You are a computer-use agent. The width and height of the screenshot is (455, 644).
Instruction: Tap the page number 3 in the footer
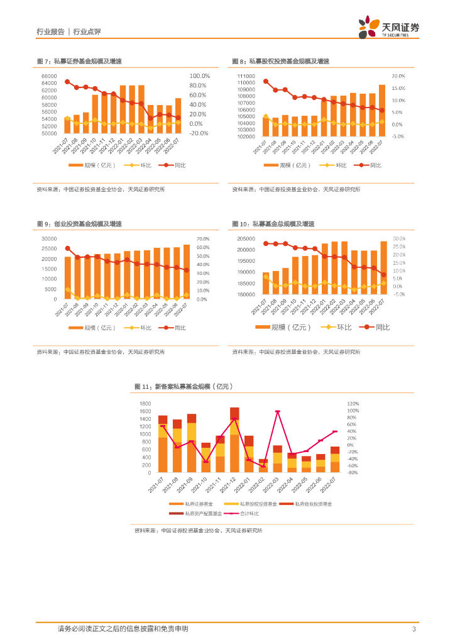(x=414, y=629)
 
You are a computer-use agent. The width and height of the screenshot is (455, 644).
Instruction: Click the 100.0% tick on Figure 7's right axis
(x=199, y=76)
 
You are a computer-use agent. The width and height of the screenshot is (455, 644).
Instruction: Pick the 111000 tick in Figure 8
(x=246, y=76)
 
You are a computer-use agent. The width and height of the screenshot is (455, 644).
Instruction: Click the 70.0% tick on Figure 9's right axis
(x=202, y=239)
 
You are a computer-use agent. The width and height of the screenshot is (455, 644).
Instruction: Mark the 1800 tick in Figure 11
(x=145, y=403)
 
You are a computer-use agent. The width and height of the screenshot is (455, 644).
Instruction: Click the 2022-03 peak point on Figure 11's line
(x=278, y=411)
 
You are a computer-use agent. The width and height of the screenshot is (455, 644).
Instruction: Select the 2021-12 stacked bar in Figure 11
(x=234, y=440)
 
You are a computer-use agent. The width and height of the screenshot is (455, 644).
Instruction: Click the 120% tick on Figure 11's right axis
(x=353, y=403)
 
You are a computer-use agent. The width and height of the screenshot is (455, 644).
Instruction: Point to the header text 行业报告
(x=50, y=31)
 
